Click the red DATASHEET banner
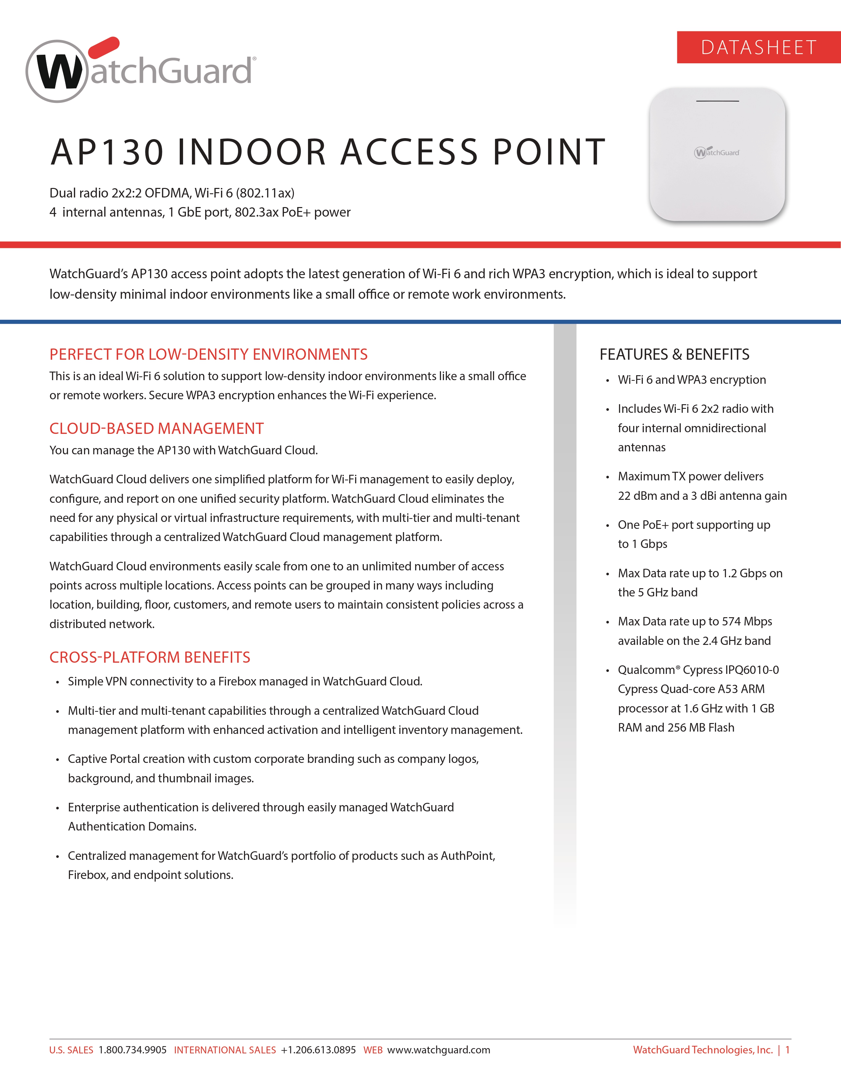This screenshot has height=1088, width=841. tap(758, 47)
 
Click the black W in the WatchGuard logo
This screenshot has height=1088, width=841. tap(59, 72)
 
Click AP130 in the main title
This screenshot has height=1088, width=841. tap(107, 152)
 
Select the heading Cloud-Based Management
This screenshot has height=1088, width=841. tap(156, 428)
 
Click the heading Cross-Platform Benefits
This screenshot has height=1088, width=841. tap(149, 657)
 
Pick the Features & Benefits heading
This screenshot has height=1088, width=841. tap(674, 354)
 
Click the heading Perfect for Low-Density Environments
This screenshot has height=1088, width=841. tap(208, 354)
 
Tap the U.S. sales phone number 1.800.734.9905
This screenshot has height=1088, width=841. tap(133, 1050)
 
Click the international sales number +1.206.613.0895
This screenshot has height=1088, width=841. tap(318, 1050)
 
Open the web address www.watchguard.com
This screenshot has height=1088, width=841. tap(438, 1050)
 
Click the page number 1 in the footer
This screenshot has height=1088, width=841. tap(787, 1050)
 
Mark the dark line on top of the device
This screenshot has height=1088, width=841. tap(717, 101)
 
